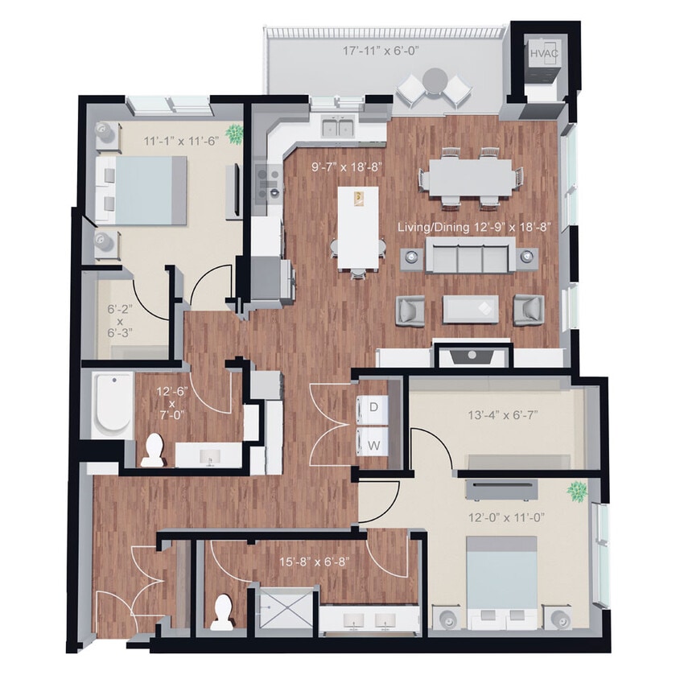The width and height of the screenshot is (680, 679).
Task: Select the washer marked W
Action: (x=373, y=442)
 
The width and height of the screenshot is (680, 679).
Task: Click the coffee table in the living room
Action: (x=470, y=309)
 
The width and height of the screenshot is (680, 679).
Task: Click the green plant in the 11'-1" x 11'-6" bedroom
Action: (x=234, y=132)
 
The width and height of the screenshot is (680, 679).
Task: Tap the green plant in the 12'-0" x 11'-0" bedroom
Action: (x=576, y=490)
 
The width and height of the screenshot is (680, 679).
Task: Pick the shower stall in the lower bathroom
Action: (x=282, y=611)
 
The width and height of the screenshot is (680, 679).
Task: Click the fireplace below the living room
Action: (x=472, y=355)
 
